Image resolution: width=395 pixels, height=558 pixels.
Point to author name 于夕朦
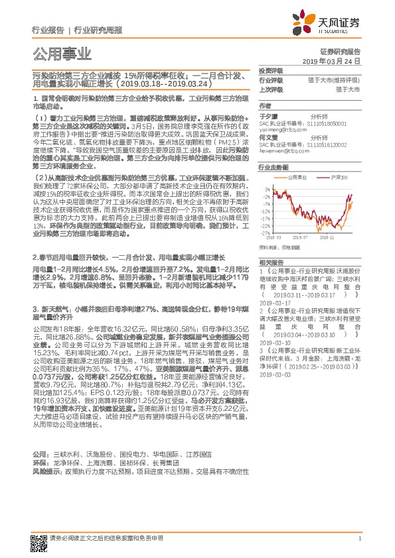pyautogui.click(x=266, y=115)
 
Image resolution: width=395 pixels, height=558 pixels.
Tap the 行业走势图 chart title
pyautogui.click(x=272, y=168)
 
